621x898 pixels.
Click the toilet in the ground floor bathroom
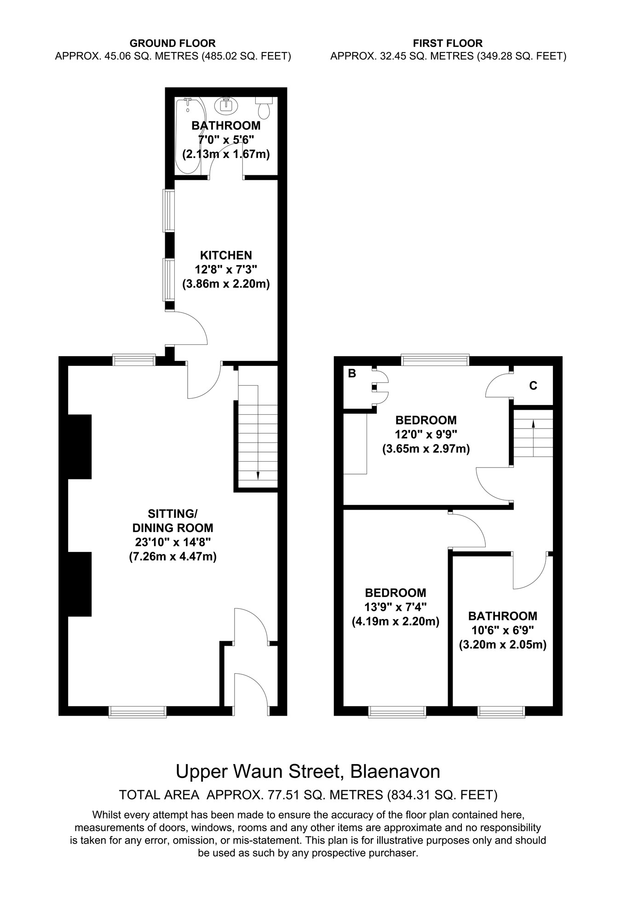tap(264, 110)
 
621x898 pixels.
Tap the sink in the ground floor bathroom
tap(226, 105)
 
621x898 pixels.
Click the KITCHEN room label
tap(226, 255)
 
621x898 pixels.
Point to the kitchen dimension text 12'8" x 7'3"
tap(226, 269)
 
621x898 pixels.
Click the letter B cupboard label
tap(352, 374)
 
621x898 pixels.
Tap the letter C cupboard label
tap(533, 386)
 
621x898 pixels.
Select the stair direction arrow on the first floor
tap(533, 424)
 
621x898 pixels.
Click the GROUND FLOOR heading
tap(172, 43)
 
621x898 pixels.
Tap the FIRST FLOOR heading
tap(448, 43)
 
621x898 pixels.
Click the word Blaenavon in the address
tap(395, 771)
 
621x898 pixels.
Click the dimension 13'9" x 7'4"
tap(396, 607)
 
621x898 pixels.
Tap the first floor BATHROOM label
tap(502, 616)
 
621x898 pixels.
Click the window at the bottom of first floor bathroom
tap(501, 712)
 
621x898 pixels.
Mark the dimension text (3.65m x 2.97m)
tap(426, 448)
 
